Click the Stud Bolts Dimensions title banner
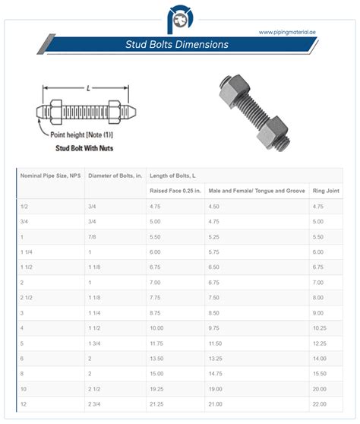(176, 45)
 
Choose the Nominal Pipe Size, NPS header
(49, 176)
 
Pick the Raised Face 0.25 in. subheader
(175, 190)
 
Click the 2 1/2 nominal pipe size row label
(27, 297)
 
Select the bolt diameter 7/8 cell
(93, 236)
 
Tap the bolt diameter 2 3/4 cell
(96, 403)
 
